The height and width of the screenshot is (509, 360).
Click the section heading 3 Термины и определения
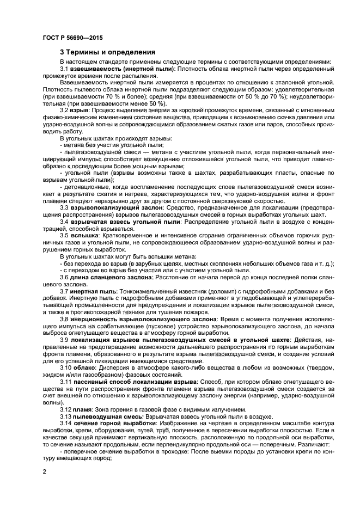coord(108,52)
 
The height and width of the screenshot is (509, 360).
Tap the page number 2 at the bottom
coord(44,471)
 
